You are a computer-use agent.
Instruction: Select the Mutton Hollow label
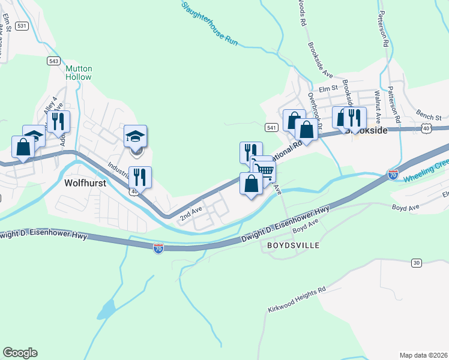[79, 73]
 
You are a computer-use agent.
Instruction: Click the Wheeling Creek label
[426, 172]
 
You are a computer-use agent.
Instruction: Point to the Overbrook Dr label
[316, 108]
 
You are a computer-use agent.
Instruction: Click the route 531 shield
[22, 26]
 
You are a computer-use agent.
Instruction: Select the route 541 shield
[271, 128]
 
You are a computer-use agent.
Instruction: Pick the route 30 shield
[416, 263]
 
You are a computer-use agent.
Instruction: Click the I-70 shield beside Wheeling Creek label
[393, 175]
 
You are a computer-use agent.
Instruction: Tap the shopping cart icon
[265, 172]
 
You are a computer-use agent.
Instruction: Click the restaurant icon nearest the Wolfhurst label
[140, 176]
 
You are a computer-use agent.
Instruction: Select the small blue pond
[106, 310]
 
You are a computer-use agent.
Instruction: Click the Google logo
[20, 353]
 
